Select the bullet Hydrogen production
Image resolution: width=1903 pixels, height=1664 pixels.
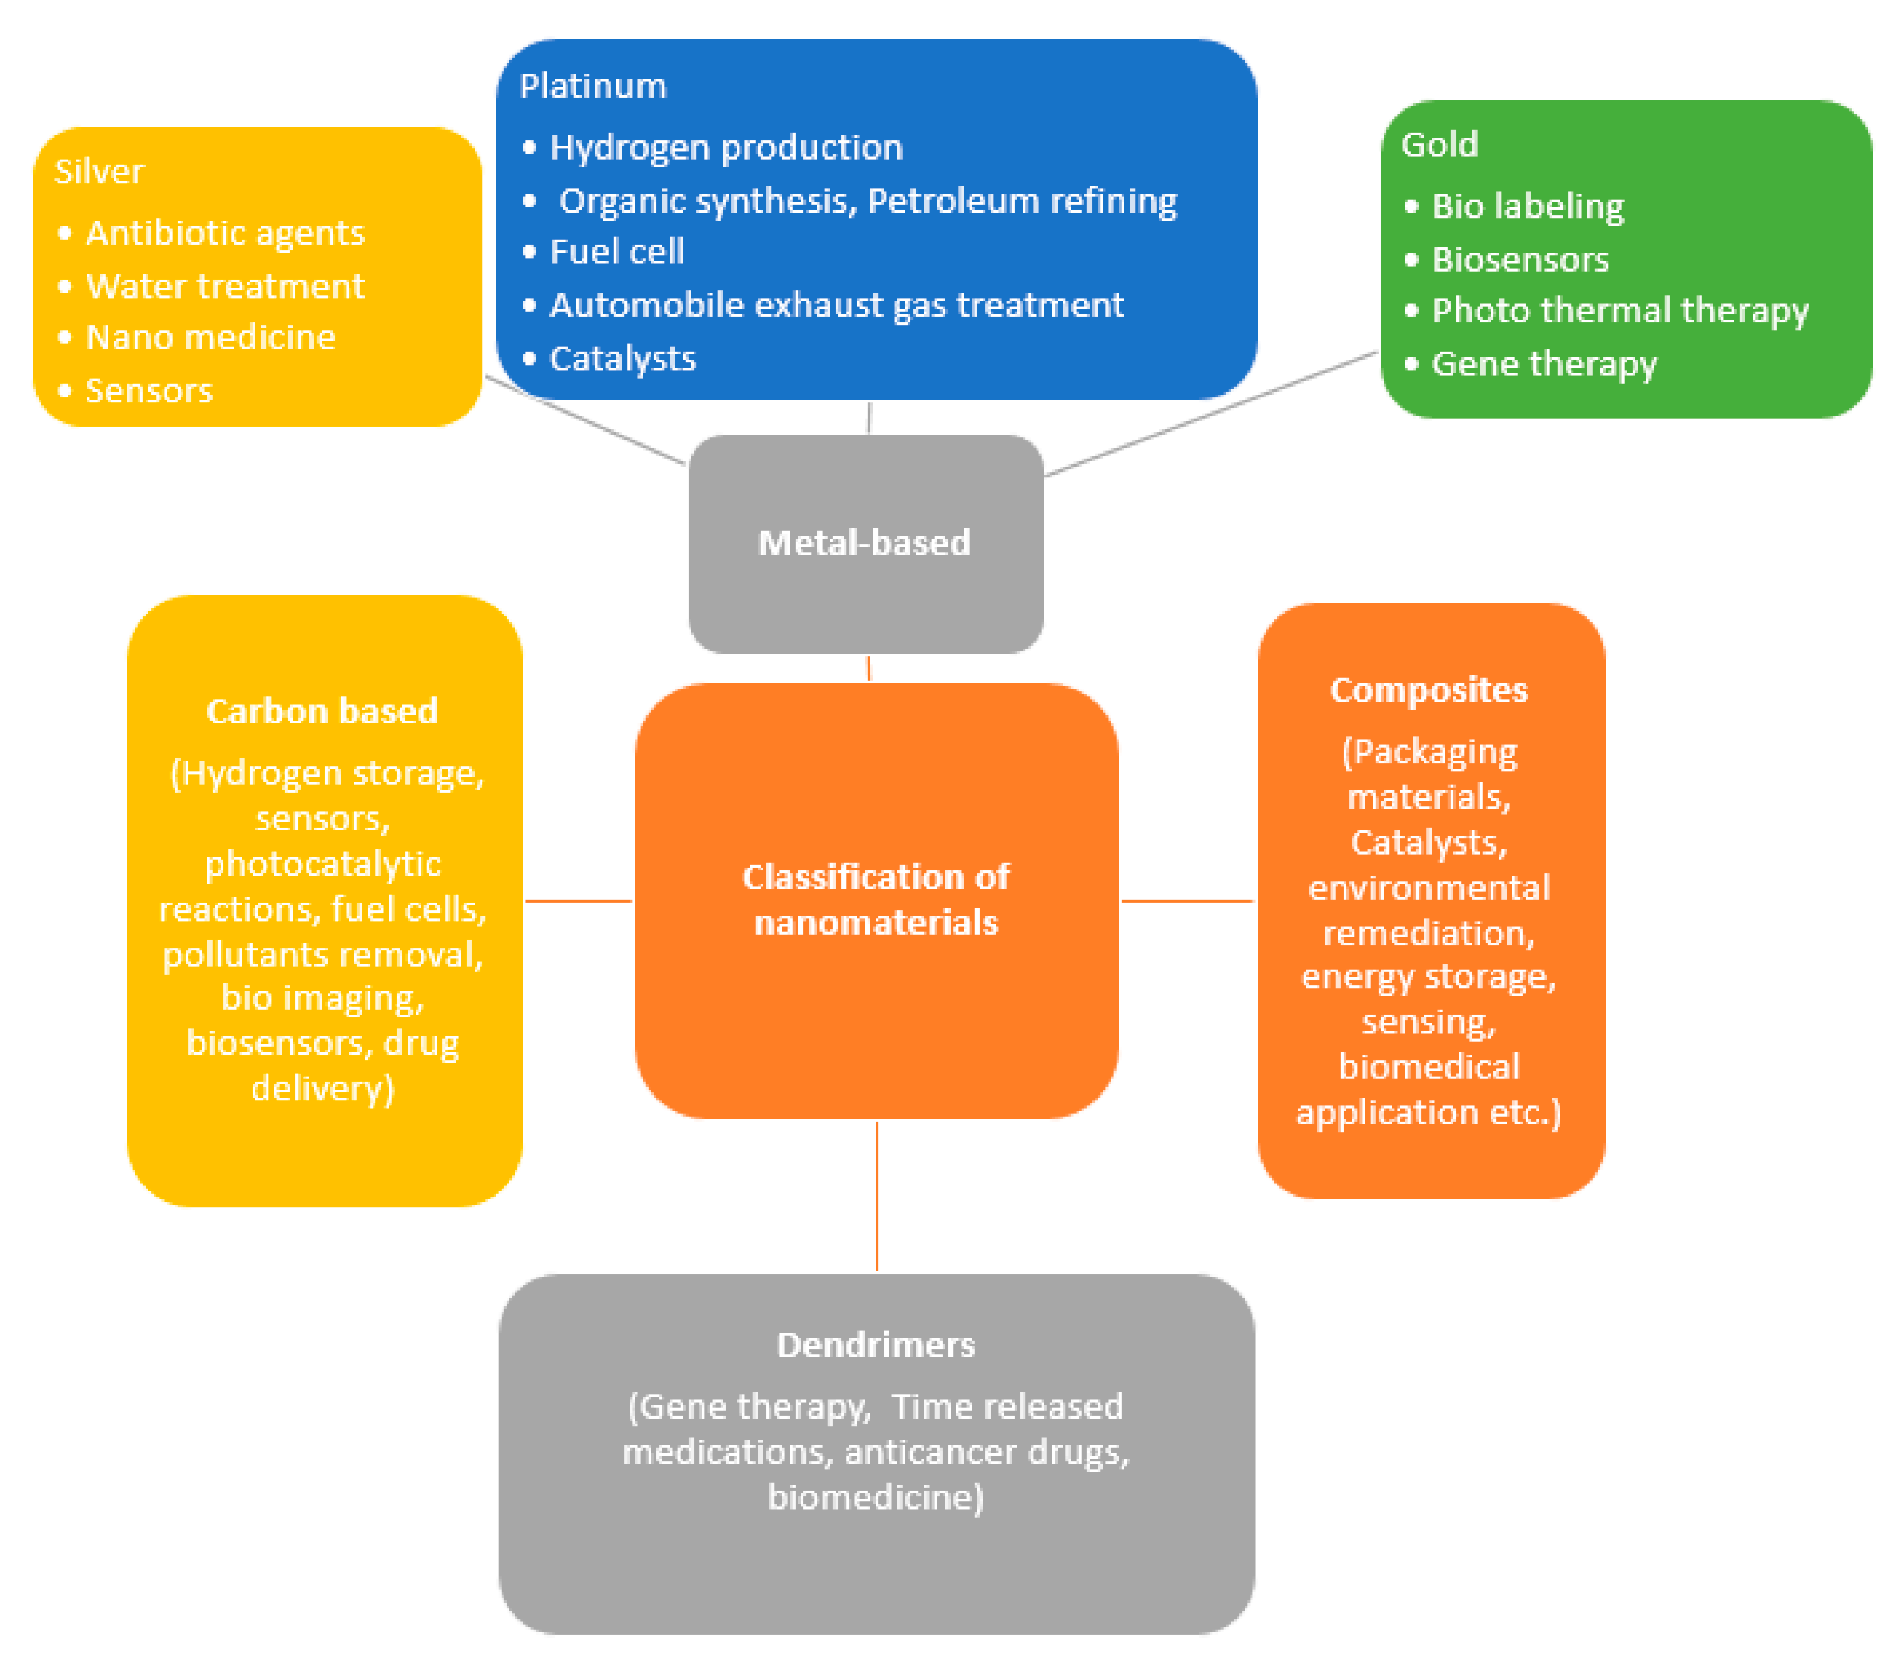pos(725,148)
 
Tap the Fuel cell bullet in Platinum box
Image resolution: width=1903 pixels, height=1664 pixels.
pos(616,251)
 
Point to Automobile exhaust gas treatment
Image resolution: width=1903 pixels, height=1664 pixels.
pos(836,305)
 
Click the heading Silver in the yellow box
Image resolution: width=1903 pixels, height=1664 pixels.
pos(99,172)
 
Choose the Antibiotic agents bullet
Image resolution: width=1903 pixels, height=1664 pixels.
pos(225,233)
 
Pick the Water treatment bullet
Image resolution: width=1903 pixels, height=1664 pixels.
pos(225,287)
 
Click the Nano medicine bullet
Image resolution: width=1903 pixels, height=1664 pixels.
pos(210,338)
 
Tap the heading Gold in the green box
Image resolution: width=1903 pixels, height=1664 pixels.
pos(1439,145)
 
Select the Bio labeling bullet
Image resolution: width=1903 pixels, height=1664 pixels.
pos(1527,206)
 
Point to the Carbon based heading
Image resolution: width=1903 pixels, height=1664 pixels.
pos(322,712)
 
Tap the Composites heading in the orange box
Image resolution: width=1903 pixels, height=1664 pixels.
pos(1428,691)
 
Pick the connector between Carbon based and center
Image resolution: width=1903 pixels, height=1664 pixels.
pos(578,901)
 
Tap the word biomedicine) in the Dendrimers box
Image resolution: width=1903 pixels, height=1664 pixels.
pos(876,1497)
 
